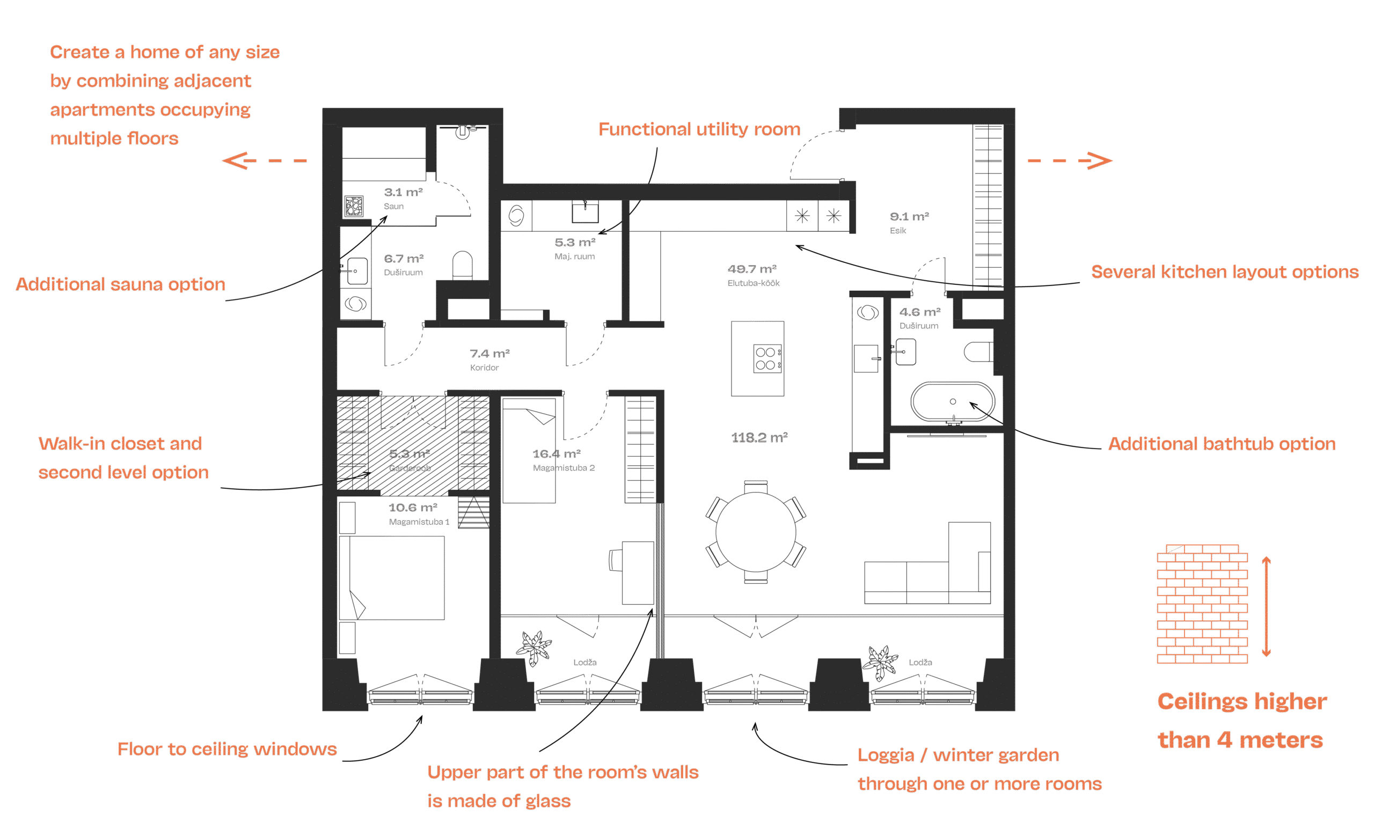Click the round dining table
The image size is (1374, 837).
[756, 532]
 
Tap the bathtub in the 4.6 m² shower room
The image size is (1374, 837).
[953, 402]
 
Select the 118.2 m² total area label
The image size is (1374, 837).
[759, 438]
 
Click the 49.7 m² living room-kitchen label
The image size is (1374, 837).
[752, 275]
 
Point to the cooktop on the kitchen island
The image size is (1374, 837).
[768, 359]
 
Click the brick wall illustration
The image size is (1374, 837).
[1202, 604]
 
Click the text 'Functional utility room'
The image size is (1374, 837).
[699, 129]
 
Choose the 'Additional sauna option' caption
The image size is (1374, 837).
[120, 284]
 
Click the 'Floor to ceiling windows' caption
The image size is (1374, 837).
[227, 749]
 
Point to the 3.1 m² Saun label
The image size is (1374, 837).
[403, 198]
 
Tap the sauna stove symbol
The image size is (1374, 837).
[354, 206]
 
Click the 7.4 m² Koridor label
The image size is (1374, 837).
[489, 359]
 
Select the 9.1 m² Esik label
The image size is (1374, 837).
[909, 222]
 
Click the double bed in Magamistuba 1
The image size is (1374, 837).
[392, 578]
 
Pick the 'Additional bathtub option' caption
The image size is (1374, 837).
[1221, 444]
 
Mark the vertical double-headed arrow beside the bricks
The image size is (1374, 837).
[1266, 606]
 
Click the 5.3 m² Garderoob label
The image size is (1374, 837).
[410, 460]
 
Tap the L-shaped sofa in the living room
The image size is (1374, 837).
[928, 574]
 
